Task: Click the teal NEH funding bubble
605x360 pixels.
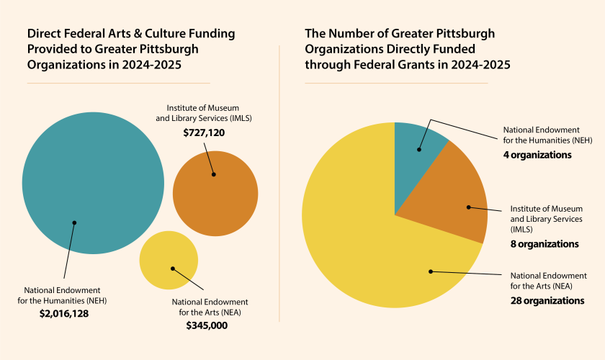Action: click(93, 183)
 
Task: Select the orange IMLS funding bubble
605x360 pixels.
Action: click(215, 194)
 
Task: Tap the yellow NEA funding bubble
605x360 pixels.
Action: click(169, 260)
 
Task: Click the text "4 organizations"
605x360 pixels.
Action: click(537, 155)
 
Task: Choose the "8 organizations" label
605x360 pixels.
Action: click(544, 244)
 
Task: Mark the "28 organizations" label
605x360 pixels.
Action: click(547, 300)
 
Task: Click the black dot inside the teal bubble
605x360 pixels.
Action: click(74, 222)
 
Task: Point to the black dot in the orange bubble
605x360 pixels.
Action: click(213, 174)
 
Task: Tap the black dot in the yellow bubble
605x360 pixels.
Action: click(173, 269)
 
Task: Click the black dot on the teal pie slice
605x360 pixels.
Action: click(418, 150)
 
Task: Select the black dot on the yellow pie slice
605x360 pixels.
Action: click(431, 271)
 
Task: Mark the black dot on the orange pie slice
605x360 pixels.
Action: click(468, 207)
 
